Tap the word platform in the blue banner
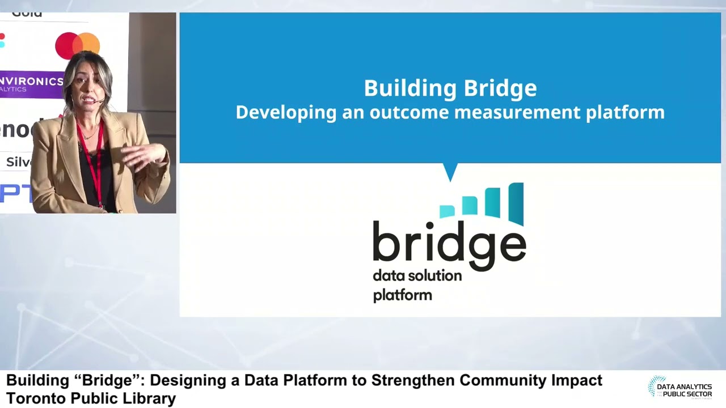coord(624,112)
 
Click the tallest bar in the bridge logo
coord(516,203)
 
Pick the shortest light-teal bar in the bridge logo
coord(448,211)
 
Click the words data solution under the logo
coord(417,276)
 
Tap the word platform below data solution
coord(402,295)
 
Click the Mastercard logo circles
coord(78,45)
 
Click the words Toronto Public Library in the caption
coord(91,398)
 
